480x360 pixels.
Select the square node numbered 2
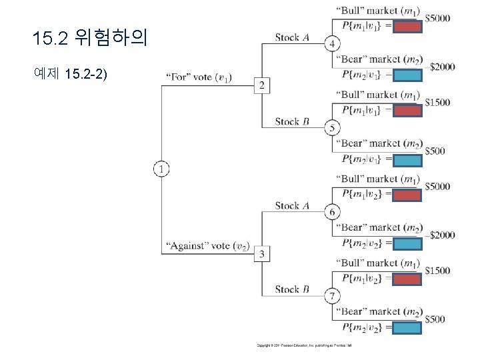[x=261, y=85]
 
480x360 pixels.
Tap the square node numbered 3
[x=261, y=254]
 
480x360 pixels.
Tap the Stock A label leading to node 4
[x=291, y=37]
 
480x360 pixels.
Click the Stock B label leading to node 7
[x=291, y=289]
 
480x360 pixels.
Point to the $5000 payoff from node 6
[x=438, y=187]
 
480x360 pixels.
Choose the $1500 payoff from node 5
[x=438, y=103]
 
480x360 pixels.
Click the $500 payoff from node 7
[x=435, y=320]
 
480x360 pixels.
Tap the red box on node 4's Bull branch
[x=407, y=27]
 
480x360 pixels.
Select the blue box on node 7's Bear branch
[x=407, y=328]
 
